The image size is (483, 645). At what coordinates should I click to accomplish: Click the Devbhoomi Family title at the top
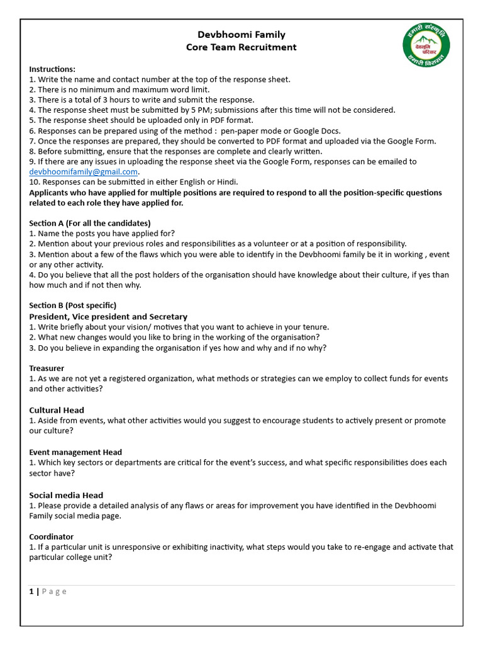pos(241,35)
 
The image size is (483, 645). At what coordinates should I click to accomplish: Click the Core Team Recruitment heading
pos(241,47)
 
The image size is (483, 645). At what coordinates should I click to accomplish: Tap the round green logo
pos(427,47)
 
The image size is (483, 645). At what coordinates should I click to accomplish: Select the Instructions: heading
pos(52,69)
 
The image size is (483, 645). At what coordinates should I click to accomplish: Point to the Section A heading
pos(90,223)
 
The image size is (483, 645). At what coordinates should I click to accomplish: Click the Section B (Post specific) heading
pos(72,305)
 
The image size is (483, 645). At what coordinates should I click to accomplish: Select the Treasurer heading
pos(47,368)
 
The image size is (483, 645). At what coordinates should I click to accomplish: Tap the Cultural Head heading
pos(57,410)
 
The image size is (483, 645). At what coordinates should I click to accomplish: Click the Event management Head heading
pos(75,452)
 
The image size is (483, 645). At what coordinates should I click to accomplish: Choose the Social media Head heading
pos(66,495)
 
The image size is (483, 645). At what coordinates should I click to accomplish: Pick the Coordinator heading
pos(52,537)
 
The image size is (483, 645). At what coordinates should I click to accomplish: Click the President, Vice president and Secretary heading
pos(108,316)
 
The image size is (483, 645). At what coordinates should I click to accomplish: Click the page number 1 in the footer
pos(31,591)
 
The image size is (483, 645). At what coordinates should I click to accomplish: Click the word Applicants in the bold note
pos(50,193)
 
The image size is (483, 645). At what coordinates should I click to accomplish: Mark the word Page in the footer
pos(54,591)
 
